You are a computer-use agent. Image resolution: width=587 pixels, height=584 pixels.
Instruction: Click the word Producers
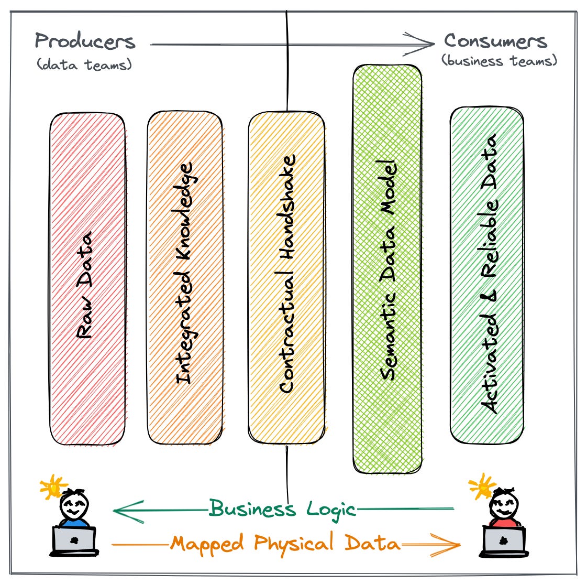click(85, 41)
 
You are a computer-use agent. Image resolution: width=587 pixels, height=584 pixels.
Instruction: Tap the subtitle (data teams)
click(84, 64)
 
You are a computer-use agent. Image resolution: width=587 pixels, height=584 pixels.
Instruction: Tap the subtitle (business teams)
click(499, 61)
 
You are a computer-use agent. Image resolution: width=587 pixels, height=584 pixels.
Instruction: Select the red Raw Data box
click(87, 278)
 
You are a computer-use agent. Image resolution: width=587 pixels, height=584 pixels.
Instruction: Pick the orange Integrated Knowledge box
click(184, 278)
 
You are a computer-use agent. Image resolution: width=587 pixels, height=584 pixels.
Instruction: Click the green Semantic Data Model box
click(387, 267)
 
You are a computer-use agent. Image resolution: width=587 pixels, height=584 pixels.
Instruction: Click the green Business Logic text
click(283, 509)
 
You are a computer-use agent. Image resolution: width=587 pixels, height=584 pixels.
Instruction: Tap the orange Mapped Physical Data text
click(285, 543)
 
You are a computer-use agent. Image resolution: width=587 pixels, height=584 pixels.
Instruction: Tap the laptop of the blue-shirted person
click(74, 540)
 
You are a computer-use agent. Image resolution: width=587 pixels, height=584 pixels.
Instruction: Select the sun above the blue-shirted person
click(54, 487)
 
